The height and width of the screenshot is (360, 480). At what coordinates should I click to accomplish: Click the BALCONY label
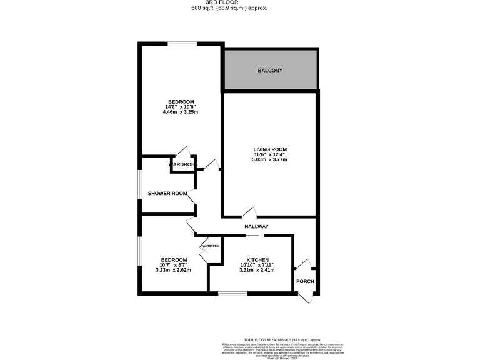pyautogui.click(x=271, y=70)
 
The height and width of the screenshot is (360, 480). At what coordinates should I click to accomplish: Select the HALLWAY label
pyautogui.click(x=256, y=226)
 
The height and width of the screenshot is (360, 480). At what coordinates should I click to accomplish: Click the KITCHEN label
pyautogui.click(x=257, y=260)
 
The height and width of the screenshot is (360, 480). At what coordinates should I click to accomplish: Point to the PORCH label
pyautogui.click(x=305, y=281)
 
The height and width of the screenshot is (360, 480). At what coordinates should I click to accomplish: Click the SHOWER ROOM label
pyautogui.click(x=167, y=193)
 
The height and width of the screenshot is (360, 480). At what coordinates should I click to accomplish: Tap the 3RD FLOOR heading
pyautogui.click(x=240, y=3)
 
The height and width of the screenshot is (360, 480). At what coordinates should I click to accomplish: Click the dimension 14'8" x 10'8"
pyautogui.click(x=181, y=107)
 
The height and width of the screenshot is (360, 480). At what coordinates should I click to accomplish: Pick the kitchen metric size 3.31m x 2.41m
pyautogui.click(x=257, y=270)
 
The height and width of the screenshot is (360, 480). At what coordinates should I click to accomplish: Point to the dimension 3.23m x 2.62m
pyautogui.click(x=173, y=270)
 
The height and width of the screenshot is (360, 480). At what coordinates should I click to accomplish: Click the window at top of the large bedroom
pyautogui.click(x=181, y=43)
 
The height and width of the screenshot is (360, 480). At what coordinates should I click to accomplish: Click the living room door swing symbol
pyautogui.click(x=249, y=212)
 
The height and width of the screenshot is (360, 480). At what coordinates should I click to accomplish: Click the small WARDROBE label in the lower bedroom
pyautogui.click(x=211, y=246)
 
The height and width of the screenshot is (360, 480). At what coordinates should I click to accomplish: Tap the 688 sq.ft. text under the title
pyautogui.click(x=240, y=9)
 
